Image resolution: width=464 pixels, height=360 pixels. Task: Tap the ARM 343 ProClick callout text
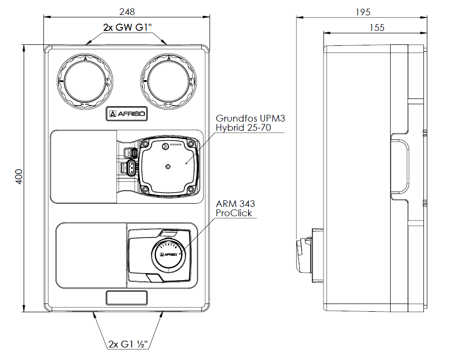click(235, 208)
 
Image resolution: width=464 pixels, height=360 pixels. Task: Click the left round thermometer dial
click(84, 80)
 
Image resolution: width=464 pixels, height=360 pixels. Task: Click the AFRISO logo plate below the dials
click(127, 114)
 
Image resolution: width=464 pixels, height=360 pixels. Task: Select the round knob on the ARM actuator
click(169, 255)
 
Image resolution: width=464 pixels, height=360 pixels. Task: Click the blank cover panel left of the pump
click(83, 166)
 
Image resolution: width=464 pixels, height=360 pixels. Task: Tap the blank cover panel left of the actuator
click(91, 255)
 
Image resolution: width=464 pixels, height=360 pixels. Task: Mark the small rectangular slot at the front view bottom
click(127, 298)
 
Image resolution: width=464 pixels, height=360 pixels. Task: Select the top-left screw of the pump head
click(144, 144)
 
